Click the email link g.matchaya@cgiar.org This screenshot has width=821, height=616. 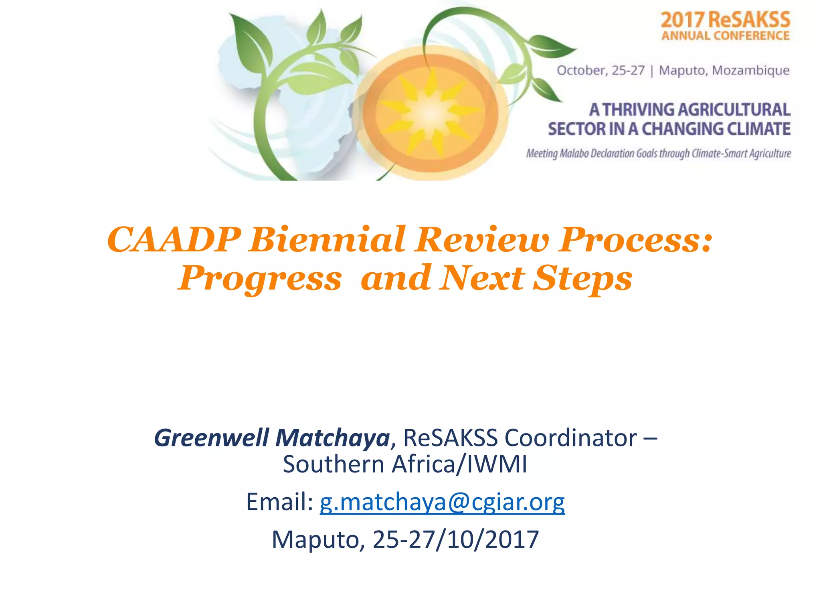pos(442,502)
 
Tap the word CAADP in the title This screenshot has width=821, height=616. pos(174,240)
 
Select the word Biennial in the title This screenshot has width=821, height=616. pos(327,240)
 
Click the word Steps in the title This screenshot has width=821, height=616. pos(582,279)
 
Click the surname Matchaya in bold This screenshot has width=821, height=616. pos(333,438)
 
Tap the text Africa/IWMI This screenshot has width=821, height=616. pos(459,464)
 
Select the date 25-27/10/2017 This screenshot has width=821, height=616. pos(456,539)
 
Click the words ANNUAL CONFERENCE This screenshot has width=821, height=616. pos(725,36)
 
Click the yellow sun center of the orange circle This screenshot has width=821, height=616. pos(430,113)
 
